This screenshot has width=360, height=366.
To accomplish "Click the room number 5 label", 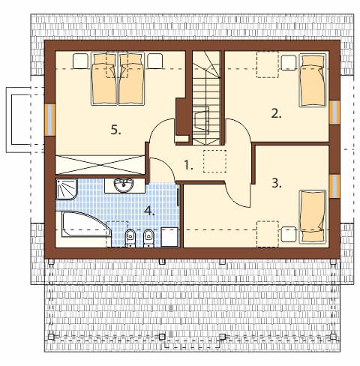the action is tap(115, 130).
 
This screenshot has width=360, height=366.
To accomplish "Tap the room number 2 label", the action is tap(276, 114).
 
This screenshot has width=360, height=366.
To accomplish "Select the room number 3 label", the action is tap(277, 183).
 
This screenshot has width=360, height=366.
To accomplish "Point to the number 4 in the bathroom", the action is tap(149, 211).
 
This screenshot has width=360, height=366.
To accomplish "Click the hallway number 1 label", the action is tap(188, 165).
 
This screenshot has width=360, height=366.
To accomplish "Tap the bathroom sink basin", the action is tap(124, 185).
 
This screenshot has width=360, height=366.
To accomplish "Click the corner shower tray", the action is tap(67, 189).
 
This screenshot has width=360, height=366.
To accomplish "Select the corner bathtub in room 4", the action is tap(86, 224).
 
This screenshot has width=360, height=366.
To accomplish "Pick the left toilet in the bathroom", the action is tap(130, 238).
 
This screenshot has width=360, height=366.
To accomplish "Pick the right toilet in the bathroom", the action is tap(149, 238).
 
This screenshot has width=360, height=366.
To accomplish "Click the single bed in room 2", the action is tap(313, 80).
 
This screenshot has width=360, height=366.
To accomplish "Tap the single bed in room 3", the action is tap(313, 217).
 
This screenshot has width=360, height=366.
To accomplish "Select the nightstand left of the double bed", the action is tap(80, 61).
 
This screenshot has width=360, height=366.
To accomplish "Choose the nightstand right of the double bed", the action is tap(155, 61).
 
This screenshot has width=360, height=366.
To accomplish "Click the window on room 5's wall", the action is tap(50, 119).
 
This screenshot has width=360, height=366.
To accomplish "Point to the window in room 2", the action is tap(334, 112).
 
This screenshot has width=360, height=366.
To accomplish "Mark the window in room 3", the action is tap(334, 186).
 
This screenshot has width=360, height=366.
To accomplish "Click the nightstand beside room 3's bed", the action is tap(289, 234).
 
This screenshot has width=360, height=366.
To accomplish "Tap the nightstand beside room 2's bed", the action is tap(289, 62).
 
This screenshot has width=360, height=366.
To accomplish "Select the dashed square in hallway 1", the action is tap(214, 161).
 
